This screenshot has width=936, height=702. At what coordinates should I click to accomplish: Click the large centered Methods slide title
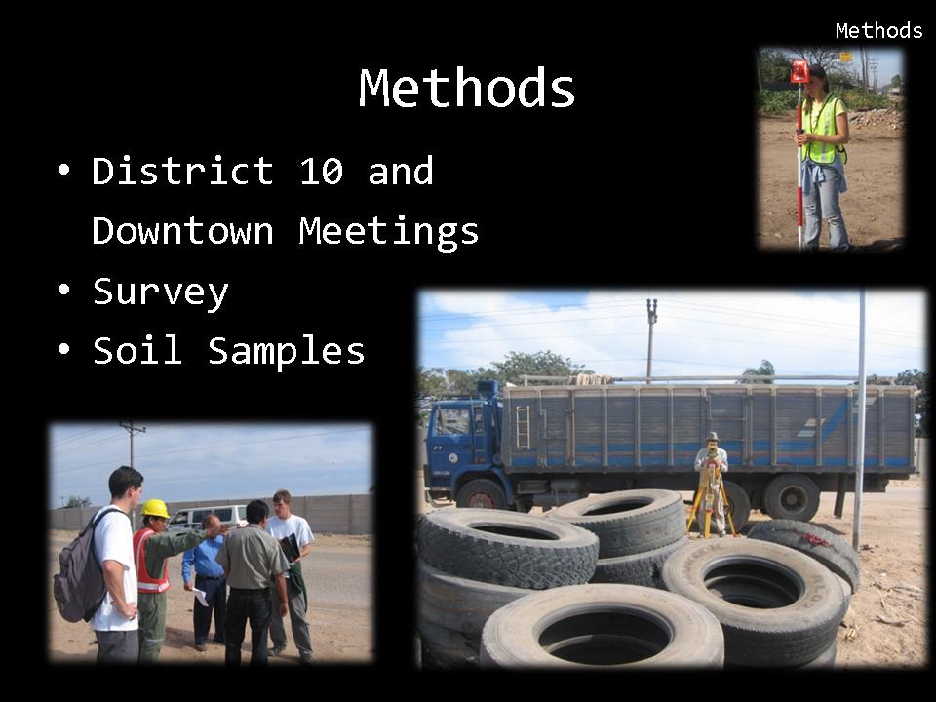click(x=467, y=88)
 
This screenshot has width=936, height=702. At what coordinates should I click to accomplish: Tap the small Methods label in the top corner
click(x=878, y=30)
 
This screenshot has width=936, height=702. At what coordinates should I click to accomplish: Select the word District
click(x=182, y=171)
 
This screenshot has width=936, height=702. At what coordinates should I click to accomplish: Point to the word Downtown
click(x=182, y=231)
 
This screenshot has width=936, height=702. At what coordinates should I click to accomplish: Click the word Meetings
click(x=389, y=233)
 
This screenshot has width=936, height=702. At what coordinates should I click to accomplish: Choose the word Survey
click(x=161, y=292)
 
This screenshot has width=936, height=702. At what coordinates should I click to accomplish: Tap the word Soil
click(x=137, y=350)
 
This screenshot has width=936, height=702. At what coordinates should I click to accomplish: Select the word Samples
click(x=287, y=351)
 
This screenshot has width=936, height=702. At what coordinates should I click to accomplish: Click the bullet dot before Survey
click(x=64, y=290)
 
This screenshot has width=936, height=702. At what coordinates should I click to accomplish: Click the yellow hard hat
click(x=155, y=509)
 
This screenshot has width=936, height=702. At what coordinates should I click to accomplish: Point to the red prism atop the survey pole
click(x=799, y=71)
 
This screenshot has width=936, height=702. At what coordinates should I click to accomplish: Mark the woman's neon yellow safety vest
click(x=823, y=129)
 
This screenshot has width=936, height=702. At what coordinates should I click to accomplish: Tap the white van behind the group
click(x=208, y=518)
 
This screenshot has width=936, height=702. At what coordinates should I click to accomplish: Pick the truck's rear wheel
click(x=792, y=497)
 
